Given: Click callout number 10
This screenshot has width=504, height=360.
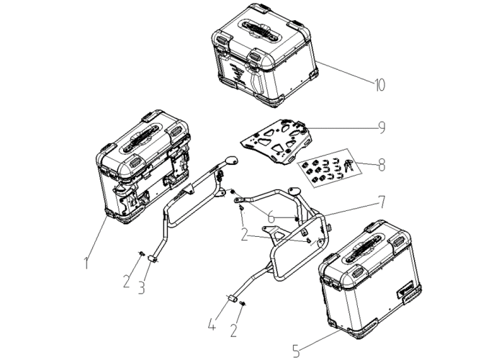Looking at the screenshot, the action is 379,85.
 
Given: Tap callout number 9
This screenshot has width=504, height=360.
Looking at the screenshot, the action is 382,127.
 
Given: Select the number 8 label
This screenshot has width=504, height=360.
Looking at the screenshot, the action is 382,165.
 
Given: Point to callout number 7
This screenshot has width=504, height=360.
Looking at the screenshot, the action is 381,202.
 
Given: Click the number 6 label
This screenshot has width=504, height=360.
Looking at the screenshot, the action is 271,217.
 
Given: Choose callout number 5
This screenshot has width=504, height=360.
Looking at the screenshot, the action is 297,351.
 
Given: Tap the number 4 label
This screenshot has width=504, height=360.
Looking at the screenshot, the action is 212,324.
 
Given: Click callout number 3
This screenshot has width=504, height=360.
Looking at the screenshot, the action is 141,288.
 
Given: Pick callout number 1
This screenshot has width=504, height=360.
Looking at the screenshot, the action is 86,263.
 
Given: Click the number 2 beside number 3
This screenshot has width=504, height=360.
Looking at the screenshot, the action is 126,282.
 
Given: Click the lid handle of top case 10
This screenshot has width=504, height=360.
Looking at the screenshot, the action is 261,30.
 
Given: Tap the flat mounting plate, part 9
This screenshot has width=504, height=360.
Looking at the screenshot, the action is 276,140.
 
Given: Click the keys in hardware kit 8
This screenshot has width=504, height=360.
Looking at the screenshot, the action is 348,165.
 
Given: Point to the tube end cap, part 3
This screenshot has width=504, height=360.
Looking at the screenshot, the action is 152,258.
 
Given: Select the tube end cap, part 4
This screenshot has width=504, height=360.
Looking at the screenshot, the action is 233,299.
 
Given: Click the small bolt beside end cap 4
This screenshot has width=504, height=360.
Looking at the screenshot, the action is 243,303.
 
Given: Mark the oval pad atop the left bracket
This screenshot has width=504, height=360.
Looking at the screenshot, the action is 232,161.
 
